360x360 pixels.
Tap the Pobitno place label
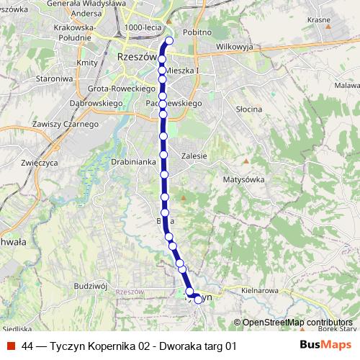(x=197, y=32)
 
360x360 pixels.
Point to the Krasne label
(x=318, y=20)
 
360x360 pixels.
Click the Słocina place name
(x=249, y=109)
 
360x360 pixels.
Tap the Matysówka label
(x=244, y=179)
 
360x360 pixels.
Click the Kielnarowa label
(x=259, y=290)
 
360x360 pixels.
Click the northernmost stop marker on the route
(x=169, y=41)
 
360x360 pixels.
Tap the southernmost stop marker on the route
(x=198, y=300)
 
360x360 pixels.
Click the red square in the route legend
(x=11, y=346)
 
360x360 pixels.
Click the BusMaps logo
(x=325, y=346)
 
